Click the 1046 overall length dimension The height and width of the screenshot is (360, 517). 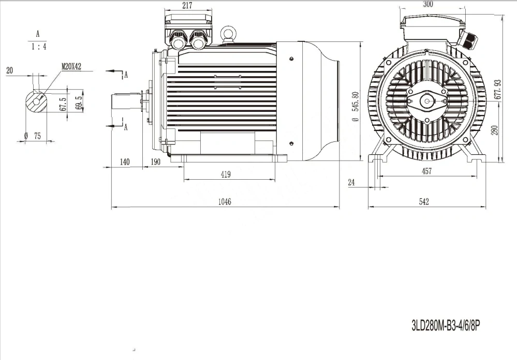pyautogui.click(x=225, y=201)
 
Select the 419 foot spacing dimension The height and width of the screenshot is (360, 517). pyautogui.click(x=226, y=174)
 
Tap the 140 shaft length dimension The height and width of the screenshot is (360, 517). pyautogui.click(x=125, y=162)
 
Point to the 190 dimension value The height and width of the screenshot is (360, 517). pyautogui.click(x=155, y=162)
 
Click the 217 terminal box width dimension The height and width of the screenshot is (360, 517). pyautogui.click(x=187, y=5)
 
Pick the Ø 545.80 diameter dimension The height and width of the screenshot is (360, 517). pyautogui.click(x=355, y=107)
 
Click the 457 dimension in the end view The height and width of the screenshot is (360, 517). pyautogui.click(x=426, y=171)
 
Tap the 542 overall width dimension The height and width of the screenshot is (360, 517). pyautogui.click(x=424, y=201)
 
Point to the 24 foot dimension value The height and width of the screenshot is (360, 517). pyautogui.click(x=351, y=182)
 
